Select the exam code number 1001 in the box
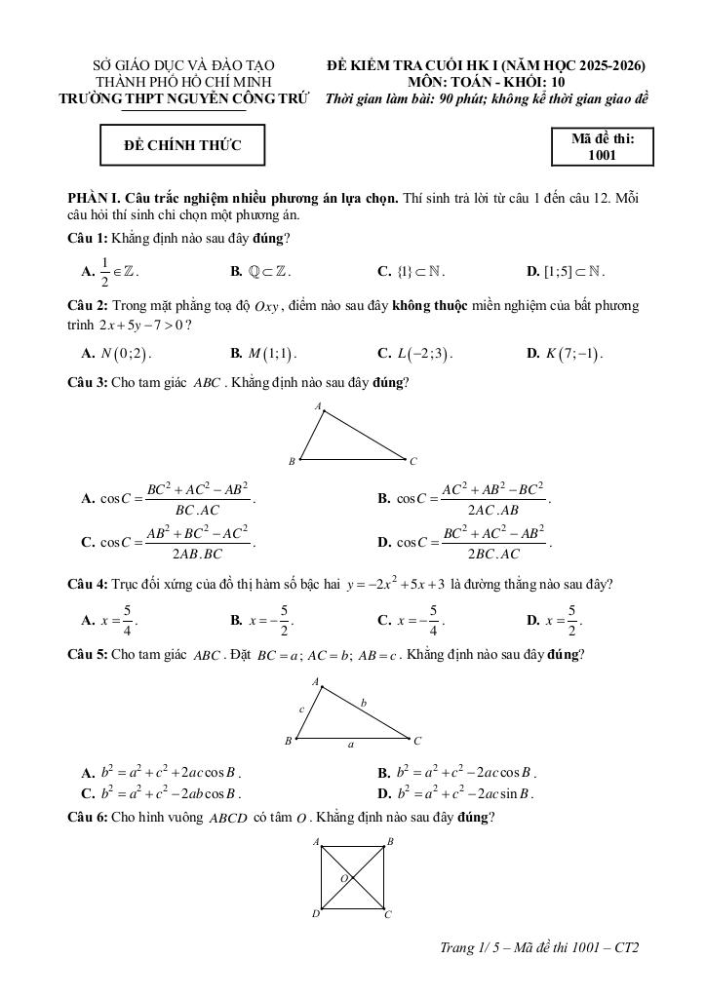click(x=602, y=154)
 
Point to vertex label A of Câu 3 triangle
click(x=318, y=403)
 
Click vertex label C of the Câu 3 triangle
click(x=413, y=461)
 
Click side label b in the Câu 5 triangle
click(x=363, y=701)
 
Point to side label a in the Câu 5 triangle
click(x=351, y=744)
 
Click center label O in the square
click(x=343, y=878)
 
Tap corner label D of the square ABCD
click(x=315, y=914)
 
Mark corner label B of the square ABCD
click(x=390, y=840)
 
